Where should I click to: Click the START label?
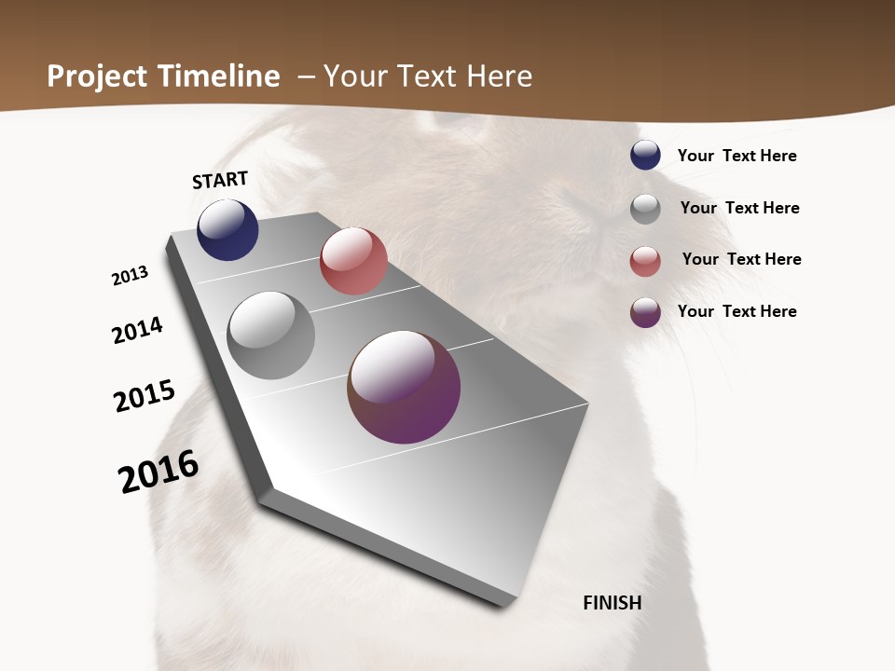click(220, 180)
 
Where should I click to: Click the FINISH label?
click(612, 603)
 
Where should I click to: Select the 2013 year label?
click(130, 276)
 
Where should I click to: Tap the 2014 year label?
click(138, 330)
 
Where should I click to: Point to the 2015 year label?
click(145, 395)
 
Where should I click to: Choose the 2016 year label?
click(158, 471)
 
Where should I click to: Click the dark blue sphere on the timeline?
click(227, 229)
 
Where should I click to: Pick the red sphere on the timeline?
click(353, 261)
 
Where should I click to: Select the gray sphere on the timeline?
click(270, 335)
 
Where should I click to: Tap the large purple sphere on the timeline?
click(404, 387)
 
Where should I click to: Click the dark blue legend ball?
click(645, 156)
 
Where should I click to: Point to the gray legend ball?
click(645, 209)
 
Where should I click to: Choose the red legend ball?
click(645, 261)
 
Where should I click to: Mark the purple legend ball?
click(645, 312)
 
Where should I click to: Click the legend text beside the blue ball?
click(737, 156)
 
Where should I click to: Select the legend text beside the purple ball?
click(737, 311)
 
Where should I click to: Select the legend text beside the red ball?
click(741, 259)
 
